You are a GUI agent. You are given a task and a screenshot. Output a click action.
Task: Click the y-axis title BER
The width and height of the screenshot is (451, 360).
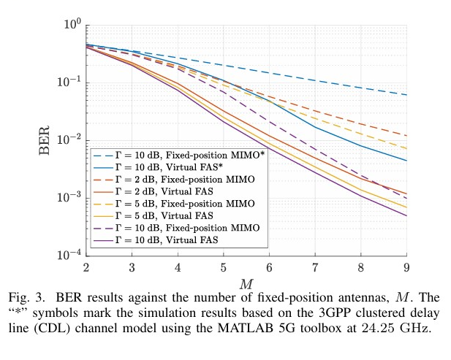click(45, 139)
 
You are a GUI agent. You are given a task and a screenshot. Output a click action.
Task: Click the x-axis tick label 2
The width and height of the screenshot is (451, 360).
click(86, 266)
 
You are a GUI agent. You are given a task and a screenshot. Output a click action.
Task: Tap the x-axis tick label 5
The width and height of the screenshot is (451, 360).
click(223, 266)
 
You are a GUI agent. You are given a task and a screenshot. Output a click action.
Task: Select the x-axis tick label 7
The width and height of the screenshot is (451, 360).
click(315, 266)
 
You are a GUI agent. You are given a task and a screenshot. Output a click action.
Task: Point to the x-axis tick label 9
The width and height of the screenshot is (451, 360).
click(406, 266)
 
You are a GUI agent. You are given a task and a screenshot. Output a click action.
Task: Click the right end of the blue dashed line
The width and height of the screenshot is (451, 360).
click(406, 95)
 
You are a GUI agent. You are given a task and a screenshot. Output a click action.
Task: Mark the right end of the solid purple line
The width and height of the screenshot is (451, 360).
click(406, 215)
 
